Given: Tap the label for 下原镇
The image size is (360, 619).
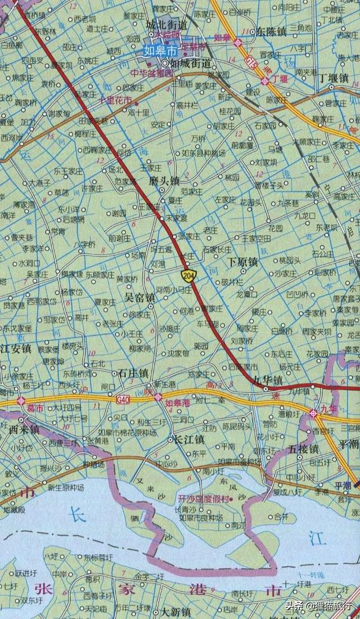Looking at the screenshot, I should (242, 262).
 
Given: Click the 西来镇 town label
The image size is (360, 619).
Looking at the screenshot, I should (24, 429).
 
